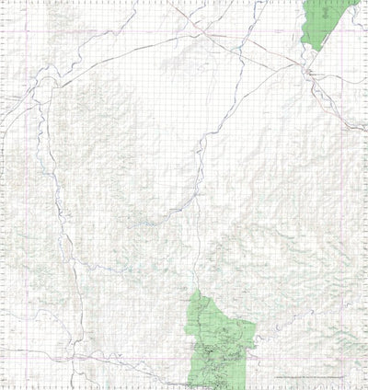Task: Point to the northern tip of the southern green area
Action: click(x=195, y=292)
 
